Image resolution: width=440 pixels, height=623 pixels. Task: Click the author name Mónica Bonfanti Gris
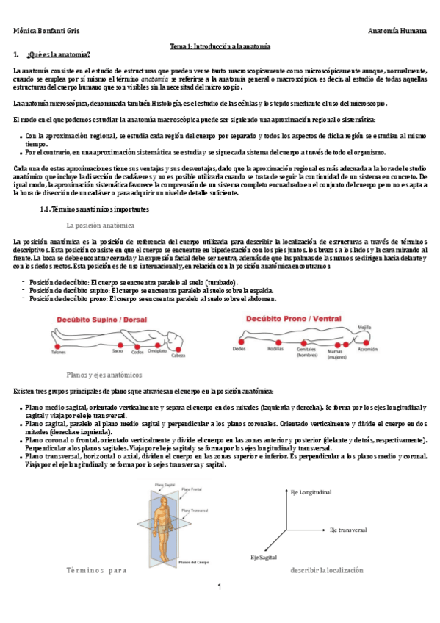[47, 31]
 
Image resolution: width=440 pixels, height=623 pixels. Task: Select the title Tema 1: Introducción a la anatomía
[220, 46]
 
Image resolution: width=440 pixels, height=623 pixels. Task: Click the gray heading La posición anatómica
[100, 225]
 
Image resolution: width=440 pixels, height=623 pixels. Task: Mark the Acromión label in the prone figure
[367, 350]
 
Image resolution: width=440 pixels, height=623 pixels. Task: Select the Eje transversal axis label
[347, 529]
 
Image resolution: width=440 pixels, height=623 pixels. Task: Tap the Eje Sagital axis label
[263, 557]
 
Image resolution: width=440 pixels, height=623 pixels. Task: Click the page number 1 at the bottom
[219, 588]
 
